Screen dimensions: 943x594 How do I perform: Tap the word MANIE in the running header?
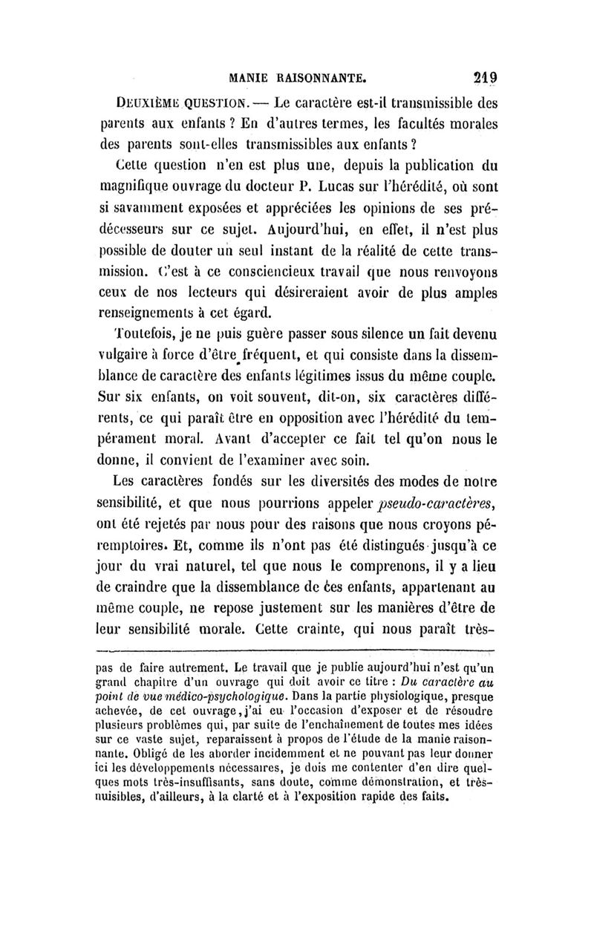(255, 76)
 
